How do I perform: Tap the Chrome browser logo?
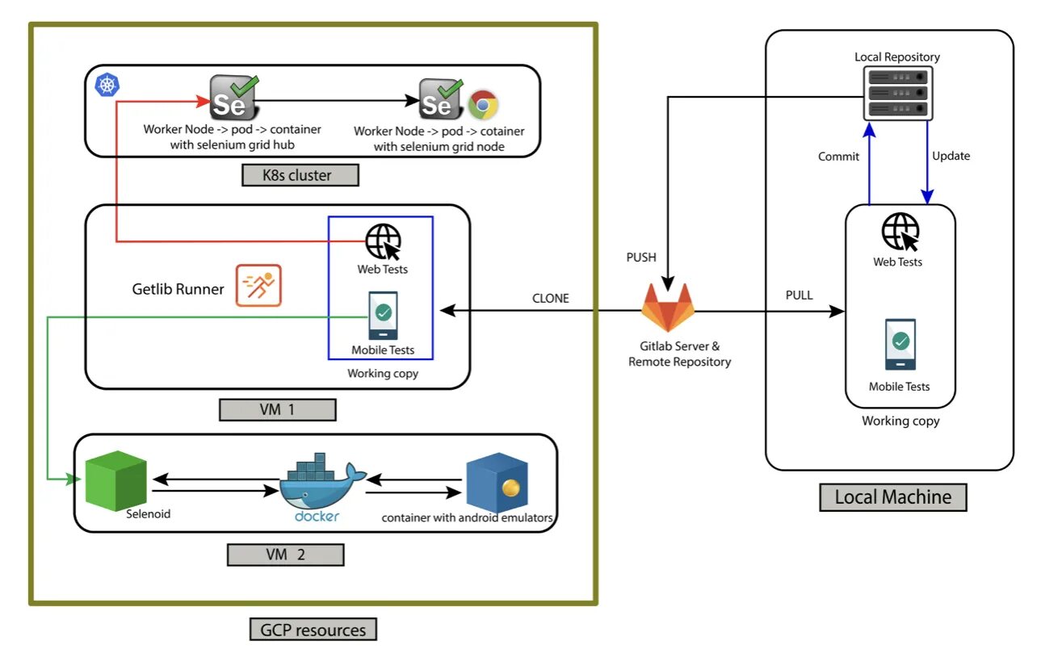pos(483,105)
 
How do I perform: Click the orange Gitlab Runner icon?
pos(258,286)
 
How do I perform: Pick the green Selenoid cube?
pos(115,481)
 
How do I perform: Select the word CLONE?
pos(550,299)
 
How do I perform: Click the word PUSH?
pos(641,258)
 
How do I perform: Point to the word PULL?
pos(799,295)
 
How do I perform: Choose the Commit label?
pos(838,157)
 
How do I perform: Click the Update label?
pos(951,156)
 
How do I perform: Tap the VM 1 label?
pos(277,409)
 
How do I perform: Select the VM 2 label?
pos(285,555)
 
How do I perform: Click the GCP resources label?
pos(313,630)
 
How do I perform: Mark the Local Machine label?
pos(892,496)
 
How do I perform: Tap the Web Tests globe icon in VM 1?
pos(383,240)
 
